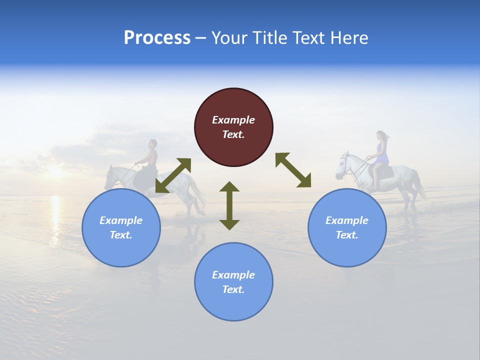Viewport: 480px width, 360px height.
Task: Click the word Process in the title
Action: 157,38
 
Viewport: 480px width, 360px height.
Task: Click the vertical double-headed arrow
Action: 229,205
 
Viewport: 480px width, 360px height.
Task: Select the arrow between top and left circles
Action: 173,175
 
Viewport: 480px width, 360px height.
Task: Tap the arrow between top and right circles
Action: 293,170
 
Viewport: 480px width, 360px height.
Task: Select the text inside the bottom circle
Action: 233,282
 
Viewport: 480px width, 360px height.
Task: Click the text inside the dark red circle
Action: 233,127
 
